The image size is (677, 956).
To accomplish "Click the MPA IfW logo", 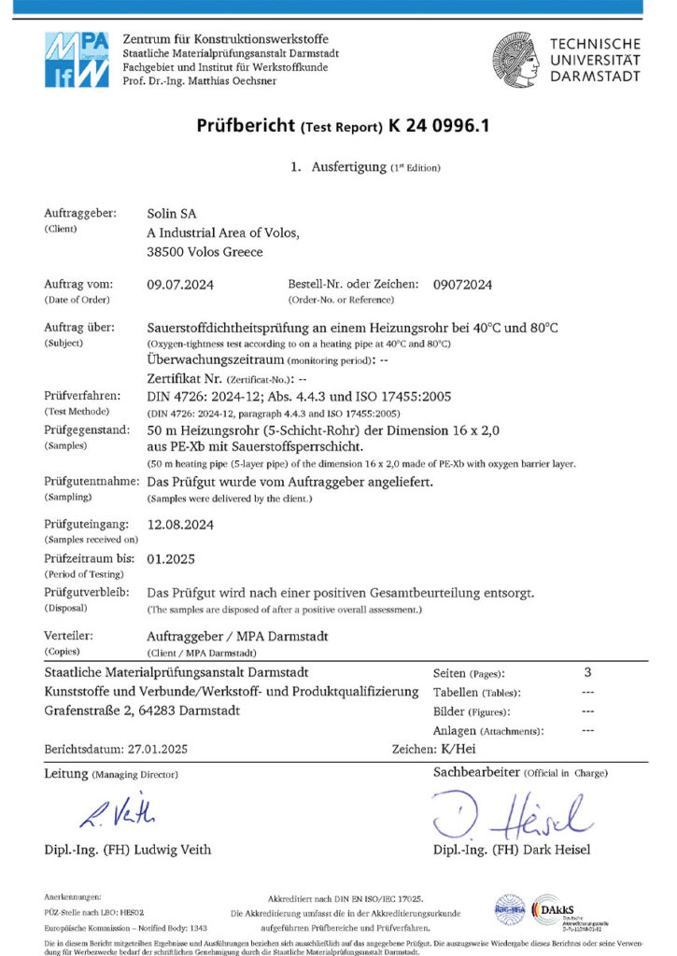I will [x=77, y=59].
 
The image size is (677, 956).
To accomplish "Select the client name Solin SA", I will [x=172, y=214].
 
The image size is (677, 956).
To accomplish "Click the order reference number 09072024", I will [x=462, y=284].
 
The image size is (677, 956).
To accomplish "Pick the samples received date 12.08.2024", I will [x=181, y=525].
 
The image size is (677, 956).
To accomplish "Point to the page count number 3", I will [x=587, y=672].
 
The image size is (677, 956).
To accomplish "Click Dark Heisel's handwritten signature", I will [x=514, y=814].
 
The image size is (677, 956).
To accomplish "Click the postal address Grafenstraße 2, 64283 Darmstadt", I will [x=142, y=710].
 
